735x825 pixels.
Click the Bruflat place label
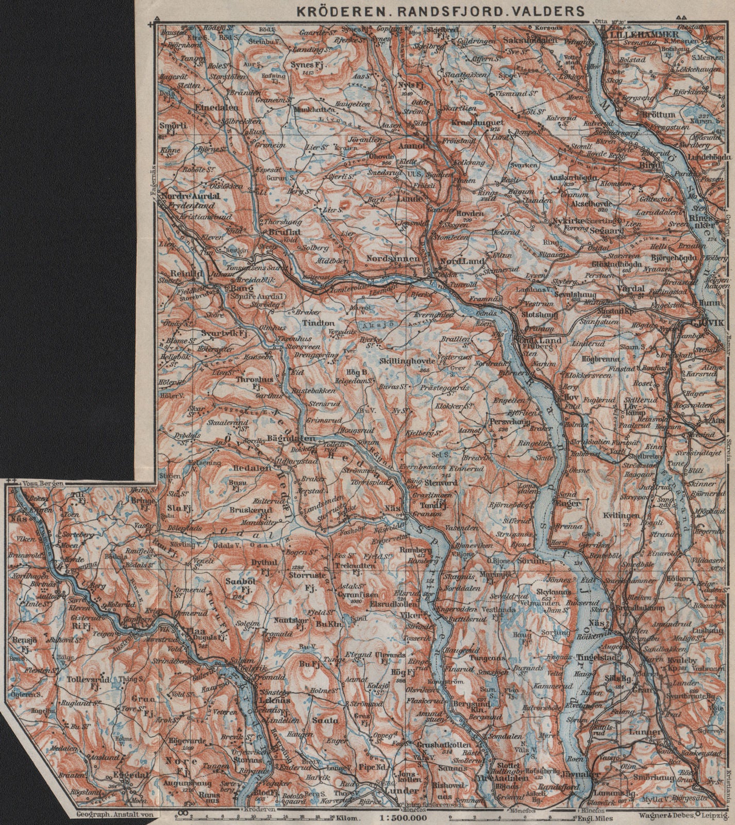(284, 232)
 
